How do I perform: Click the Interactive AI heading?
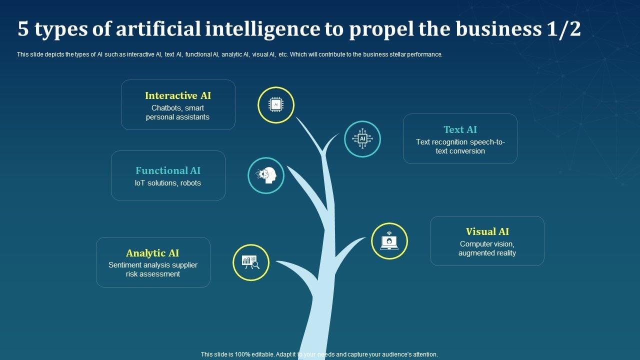(x=178, y=95)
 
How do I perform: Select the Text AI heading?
(x=460, y=129)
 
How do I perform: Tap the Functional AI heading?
(x=168, y=170)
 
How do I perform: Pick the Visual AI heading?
(x=487, y=231)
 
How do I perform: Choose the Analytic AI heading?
(x=152, y=253)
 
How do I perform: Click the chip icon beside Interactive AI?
(x=276, y=105)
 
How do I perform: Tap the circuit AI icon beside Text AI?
(x=362, y=139)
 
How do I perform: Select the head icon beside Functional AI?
(x=266, y=175)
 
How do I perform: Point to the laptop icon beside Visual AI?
(x=389, y=241)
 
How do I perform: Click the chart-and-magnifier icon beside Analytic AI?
(x=251, y=262)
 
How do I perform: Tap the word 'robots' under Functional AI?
(x=190, y=183)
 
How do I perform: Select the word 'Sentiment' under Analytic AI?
(x=125, y=265)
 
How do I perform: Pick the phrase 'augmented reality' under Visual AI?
(x=487, y=253)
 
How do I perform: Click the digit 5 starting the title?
(x=23, y=29)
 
